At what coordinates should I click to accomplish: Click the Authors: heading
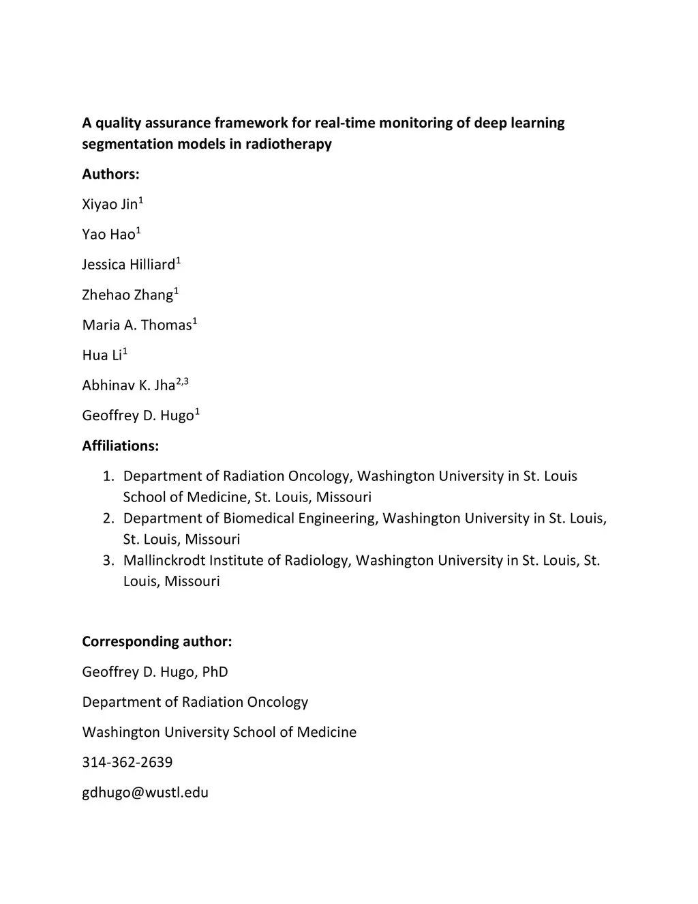[110, 174]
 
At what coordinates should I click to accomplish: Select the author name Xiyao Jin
[110, 205]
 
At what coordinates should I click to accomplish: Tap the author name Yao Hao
[108, 235]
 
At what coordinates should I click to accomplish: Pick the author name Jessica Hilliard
[128, 265]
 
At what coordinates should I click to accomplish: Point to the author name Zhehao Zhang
[127, 295]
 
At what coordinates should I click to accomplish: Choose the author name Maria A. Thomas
[137, 325]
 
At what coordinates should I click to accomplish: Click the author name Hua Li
[102, 355]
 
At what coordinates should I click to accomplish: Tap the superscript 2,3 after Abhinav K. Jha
[182, 382]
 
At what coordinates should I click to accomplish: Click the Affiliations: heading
[120, 446]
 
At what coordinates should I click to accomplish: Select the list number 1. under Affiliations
[108, 476]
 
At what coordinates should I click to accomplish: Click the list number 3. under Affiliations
[108, 561]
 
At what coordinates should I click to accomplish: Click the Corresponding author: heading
[157, 641]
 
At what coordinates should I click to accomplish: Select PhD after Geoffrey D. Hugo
[215, 672]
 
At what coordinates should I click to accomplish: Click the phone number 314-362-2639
[127, 762]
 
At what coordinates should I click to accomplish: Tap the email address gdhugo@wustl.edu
[145, 793]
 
